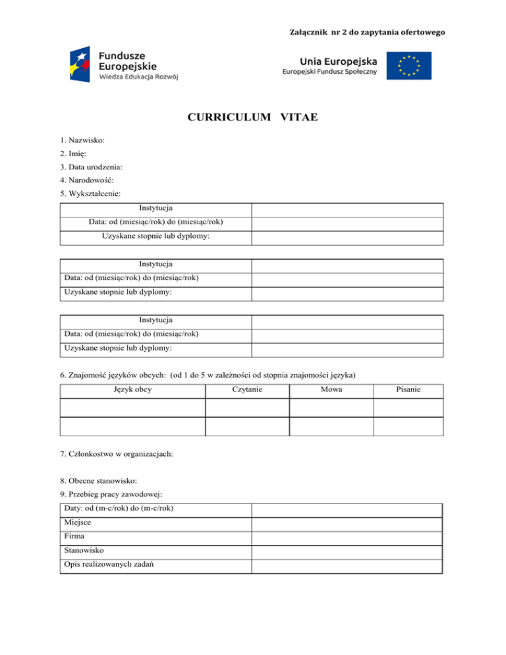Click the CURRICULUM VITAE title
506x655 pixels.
[x=253, y=118]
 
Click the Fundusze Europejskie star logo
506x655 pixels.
[x=80, y=65]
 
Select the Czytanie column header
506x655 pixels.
[x=247, y=390]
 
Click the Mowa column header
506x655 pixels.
[x=331, y=390]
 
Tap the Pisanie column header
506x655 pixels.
[x=408, y=390]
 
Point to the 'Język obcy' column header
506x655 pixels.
[x=132, y=390]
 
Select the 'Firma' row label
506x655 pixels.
[x=74, y=538]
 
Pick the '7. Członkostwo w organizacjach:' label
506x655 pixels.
[x=117, y=455]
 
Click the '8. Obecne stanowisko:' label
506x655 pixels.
[x=99, y=480]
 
